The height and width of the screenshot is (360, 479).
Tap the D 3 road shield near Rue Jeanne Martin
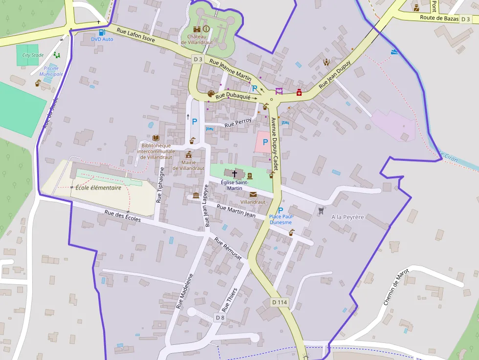point(197,59)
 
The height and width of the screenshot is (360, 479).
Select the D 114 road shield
point(279,302)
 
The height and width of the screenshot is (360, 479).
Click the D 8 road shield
point(220,318)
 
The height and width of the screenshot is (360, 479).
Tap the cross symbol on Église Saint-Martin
point(235,173)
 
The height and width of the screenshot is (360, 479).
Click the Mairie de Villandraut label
point(189,165)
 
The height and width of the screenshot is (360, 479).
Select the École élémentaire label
point(98,188)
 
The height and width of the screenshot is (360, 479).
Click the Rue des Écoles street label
point(123,215)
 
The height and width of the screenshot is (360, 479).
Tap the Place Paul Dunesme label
point(281,219)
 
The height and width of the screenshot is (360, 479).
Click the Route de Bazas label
point(439,18)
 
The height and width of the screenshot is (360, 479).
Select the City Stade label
point(33,55)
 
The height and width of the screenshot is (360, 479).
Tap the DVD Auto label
point(102,39)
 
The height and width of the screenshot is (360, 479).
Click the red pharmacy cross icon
point(299,92)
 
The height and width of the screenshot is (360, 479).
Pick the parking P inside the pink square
point(265,142)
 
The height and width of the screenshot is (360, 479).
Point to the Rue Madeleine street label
point(185,291)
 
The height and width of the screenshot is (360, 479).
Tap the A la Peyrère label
point(348,217)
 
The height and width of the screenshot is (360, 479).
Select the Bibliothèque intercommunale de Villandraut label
point(155,151)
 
